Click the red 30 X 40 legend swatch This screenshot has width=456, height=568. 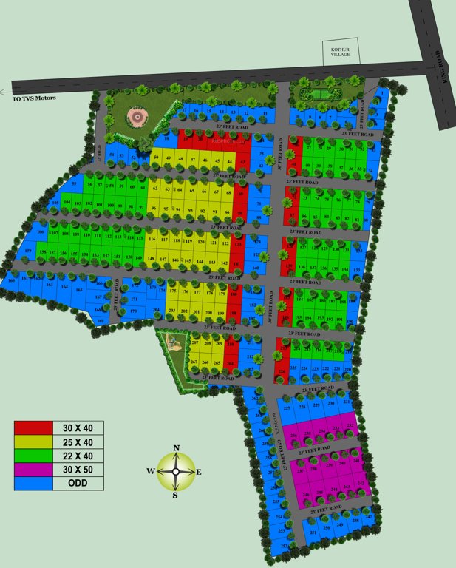pos(33,428)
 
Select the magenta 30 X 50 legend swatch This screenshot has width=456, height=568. pos(33,470)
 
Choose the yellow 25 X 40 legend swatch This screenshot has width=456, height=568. pos(33,442)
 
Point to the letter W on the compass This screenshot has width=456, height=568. pos(150,471)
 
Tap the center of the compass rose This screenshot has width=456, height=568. pos(176,471)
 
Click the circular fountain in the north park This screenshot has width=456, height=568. pos(136,115)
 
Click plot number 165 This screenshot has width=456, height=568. pos(79,290)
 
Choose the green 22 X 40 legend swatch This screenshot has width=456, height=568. pos(33,456)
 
